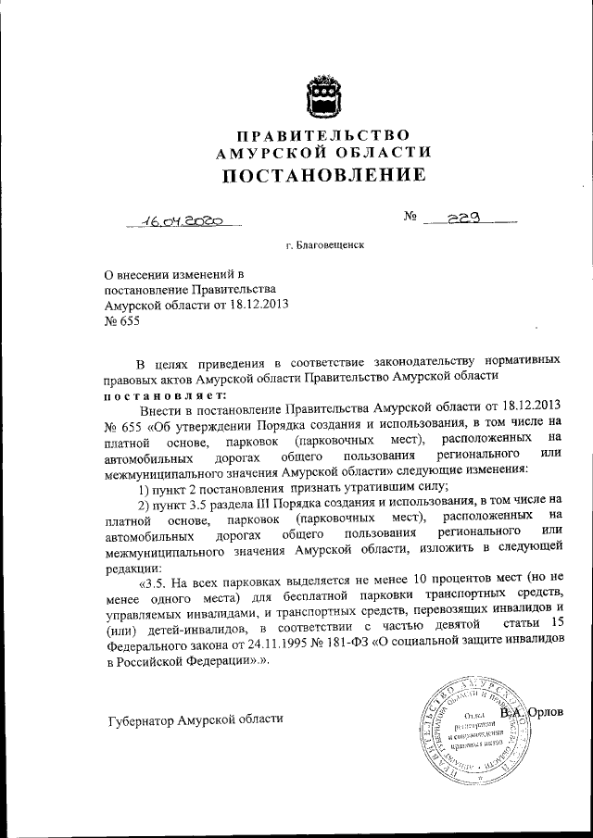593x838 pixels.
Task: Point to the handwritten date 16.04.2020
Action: tap(184, 221)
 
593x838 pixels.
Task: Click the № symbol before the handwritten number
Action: tap(411, 219)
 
